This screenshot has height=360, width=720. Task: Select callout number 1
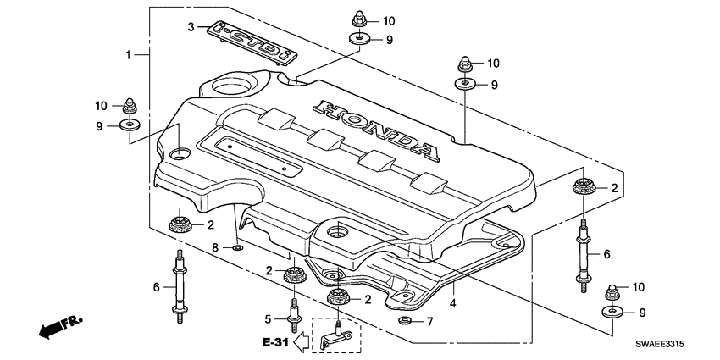click(129, 54)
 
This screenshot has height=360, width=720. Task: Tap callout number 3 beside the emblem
click(191, 27)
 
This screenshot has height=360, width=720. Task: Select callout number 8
click(216, 247)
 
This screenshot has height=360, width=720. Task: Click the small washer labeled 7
click(405, 322)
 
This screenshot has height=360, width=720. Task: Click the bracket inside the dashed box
click(335, 335)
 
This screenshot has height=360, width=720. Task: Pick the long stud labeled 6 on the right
click(584, 255)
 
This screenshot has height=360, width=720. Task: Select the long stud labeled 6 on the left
click(180, 286)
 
